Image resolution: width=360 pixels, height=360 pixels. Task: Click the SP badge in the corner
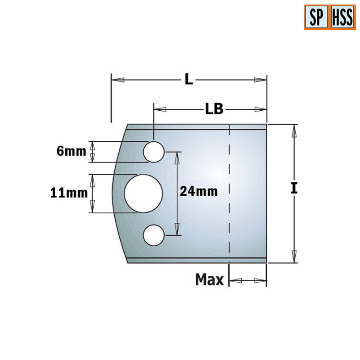tap(317, 18)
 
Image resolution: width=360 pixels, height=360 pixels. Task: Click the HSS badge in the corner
tap(342, 18)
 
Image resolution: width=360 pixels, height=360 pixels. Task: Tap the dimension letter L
tap(189, 80)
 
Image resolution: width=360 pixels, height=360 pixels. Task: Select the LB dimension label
tap(214, 109)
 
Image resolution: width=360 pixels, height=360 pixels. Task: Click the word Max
tap(209, 280)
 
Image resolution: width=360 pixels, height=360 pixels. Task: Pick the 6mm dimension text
tap(71, 152)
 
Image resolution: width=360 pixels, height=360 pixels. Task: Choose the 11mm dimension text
tap(68, 193)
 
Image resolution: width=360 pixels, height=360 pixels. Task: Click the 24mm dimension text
tap(198, 192)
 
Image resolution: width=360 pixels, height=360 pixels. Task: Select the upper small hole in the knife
tap(153, 152)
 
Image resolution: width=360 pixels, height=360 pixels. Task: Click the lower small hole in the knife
tap(153, 235)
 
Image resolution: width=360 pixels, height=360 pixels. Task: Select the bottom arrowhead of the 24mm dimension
tap(177, 229)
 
